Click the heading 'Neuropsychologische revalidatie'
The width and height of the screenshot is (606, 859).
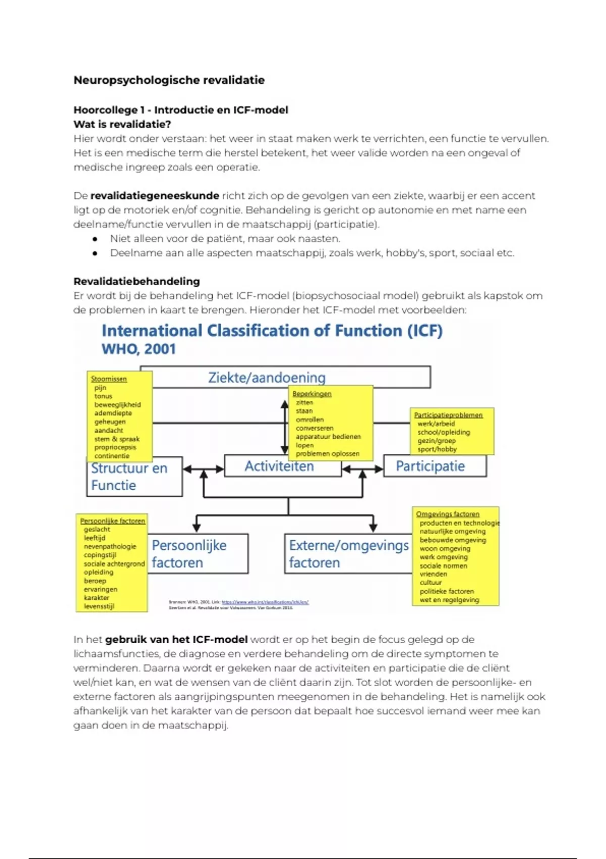(x=169, y=80)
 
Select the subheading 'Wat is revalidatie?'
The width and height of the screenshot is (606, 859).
(x=122, y=124)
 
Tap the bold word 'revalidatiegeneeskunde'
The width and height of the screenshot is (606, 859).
(x=155, y=196)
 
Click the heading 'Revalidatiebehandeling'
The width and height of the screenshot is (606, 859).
(x=136, y=281)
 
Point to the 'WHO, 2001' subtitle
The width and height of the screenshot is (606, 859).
(x=138, y=349)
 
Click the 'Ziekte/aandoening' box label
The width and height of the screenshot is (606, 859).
(x=267, y=377)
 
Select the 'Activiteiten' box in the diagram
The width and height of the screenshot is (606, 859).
(x=279, y=466)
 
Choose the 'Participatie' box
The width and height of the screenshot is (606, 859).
(x=430, y=466)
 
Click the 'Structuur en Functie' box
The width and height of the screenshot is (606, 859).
(x=129, y=476)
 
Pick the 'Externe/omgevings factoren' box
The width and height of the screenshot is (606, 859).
(x=348, y=554)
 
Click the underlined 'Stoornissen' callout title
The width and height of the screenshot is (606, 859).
(x=109, y=379)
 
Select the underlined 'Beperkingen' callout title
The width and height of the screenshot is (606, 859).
(x=312, y=394)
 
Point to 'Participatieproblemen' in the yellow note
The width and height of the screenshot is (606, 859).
(x=448, y=415)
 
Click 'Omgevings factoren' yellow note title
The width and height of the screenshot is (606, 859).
(x=447, y=514)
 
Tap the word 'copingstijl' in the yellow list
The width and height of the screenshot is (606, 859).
(x=100, y=555)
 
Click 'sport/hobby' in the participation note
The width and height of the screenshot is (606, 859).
(x=437, y=449)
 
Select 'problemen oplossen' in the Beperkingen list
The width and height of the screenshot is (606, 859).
(x=327, y=454)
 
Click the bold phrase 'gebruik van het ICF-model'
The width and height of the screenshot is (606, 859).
(x=176, y=640)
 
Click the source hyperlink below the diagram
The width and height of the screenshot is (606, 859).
(x=265, y=602)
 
